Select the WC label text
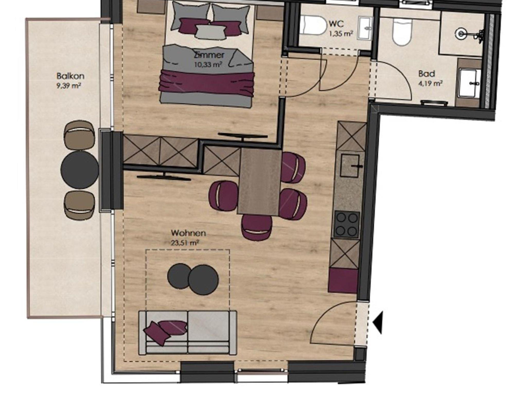click(336, 24)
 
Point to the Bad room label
click(427, 74)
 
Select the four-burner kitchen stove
click(347, 225)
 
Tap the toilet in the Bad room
click(402, 32)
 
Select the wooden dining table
click(260, 182)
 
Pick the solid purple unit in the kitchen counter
click(343, 280)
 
